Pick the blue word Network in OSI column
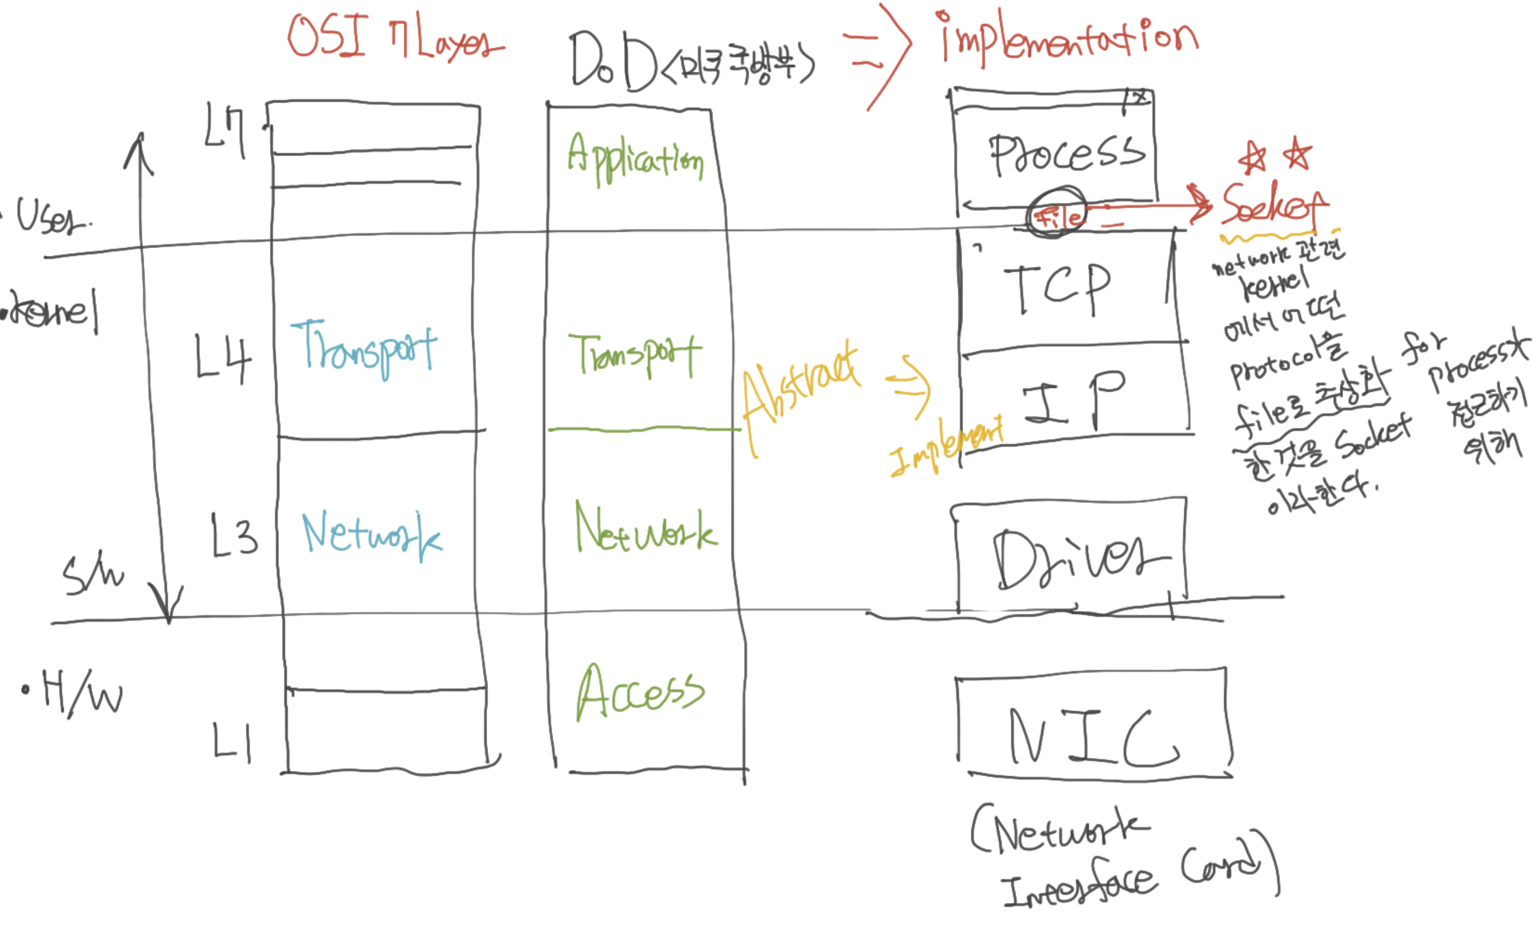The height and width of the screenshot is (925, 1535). [x=372, y=535]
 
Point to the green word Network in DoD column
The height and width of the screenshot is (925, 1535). [x=645, y=530]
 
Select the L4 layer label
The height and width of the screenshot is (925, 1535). [x=223, y=358]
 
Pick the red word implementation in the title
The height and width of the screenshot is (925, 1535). [x=1068, y=36]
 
